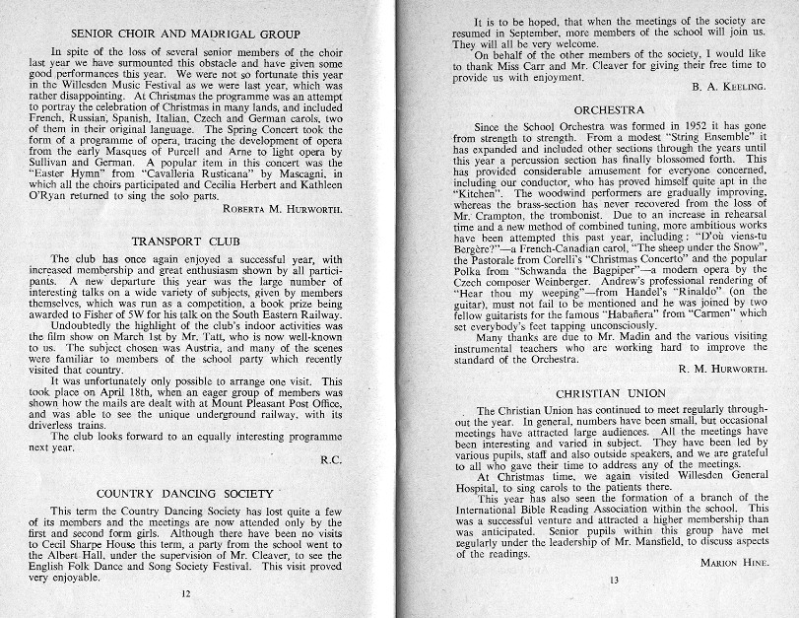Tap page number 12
pyautogui.click(x=185, y=594)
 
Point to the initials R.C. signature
pyautogui.click(x=331, y=459)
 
